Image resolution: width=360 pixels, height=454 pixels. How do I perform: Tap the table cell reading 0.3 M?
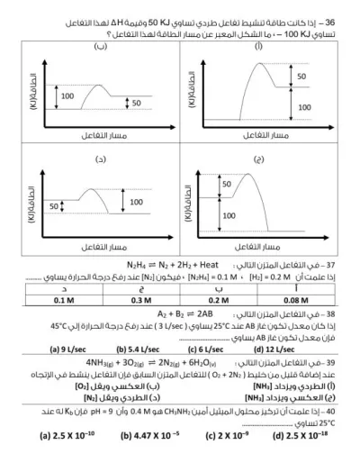(x=141, y=300)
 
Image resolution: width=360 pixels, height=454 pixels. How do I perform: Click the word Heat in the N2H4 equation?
(x=220, y=267)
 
